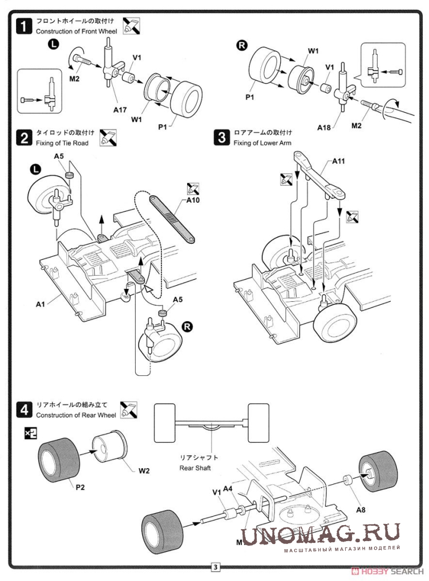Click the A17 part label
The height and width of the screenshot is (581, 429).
[119, 109]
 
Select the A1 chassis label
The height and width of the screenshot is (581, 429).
[40, 304]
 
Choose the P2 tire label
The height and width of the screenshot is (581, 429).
[81, 488]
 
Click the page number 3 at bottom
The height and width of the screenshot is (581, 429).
[215, 567]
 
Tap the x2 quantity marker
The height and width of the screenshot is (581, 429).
[30, 433]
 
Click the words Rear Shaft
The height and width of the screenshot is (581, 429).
[195, 468]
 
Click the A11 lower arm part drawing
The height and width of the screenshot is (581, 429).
[319, 177]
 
